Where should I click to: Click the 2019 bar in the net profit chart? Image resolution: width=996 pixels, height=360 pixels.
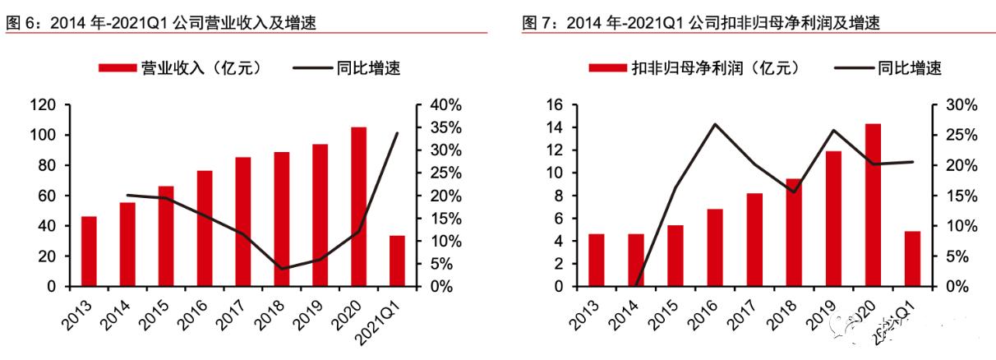pyautogui.click(x=833, y=219)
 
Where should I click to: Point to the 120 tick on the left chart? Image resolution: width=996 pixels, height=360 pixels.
pyautogui.click(x=43, y=105)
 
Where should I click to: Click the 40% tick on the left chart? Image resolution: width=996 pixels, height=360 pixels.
pyautogui.click(x=447, y=105)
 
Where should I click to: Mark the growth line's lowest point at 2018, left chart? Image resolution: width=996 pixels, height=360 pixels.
pyautogui.click(x=282, y=269)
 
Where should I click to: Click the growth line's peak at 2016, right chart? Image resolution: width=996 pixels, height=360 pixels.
pyautogui.click(x=715, y=124)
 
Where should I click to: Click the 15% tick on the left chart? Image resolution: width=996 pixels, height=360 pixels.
pyautogui.click(x=447, y=219)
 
